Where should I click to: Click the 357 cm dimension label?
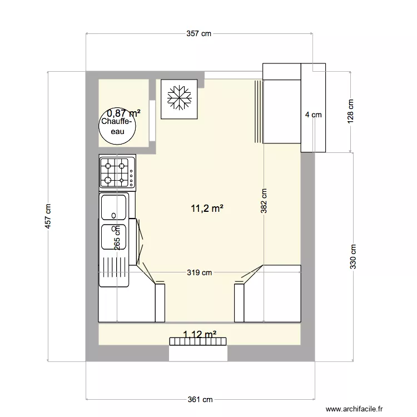click(199, 34)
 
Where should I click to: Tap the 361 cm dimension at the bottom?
click(200, 399)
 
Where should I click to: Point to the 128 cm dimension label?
click(350, 112)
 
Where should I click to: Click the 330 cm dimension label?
click(353, 257)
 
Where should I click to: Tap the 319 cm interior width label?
click(199, 272)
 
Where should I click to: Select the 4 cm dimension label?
click(313, 115)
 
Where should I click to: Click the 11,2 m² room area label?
click(207, 209)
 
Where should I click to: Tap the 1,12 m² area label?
click(200, 334)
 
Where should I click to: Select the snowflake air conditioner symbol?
click(179, 98)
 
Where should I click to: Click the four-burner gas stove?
click(117, 172)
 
